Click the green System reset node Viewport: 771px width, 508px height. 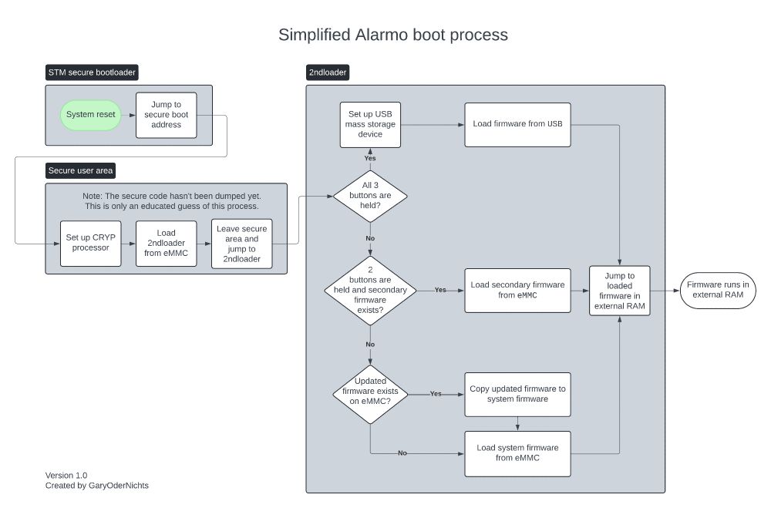click(x=91, y=115)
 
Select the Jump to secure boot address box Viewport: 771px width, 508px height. click(x=166, y=115)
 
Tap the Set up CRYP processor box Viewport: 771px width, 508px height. click(x=91, y=243)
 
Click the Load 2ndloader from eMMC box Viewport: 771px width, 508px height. click(x=166, y=243)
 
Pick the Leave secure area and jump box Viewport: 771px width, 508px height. click(x=242, y=243)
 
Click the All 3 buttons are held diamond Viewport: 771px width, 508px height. click(x=370, y=196)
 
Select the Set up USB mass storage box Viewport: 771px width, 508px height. click(x=370, y=124)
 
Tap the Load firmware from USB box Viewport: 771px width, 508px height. click(x=517, y=124)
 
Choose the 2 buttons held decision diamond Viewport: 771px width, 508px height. click(x=370, y=291)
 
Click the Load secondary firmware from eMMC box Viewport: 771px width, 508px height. click(x=517, y=290)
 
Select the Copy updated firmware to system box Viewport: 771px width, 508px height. click(x=517, y=394)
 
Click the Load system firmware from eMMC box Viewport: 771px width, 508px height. click(x=517, y=452)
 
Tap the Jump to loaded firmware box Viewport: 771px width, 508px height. click(x=620, y=290)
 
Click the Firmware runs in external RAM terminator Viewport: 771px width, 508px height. click(x=717, y=290)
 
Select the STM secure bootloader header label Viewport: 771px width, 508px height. click(x=93, y=73)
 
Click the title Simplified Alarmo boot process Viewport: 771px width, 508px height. click(x=392, y=35)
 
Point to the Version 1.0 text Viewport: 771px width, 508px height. click(x=66, y=475)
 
